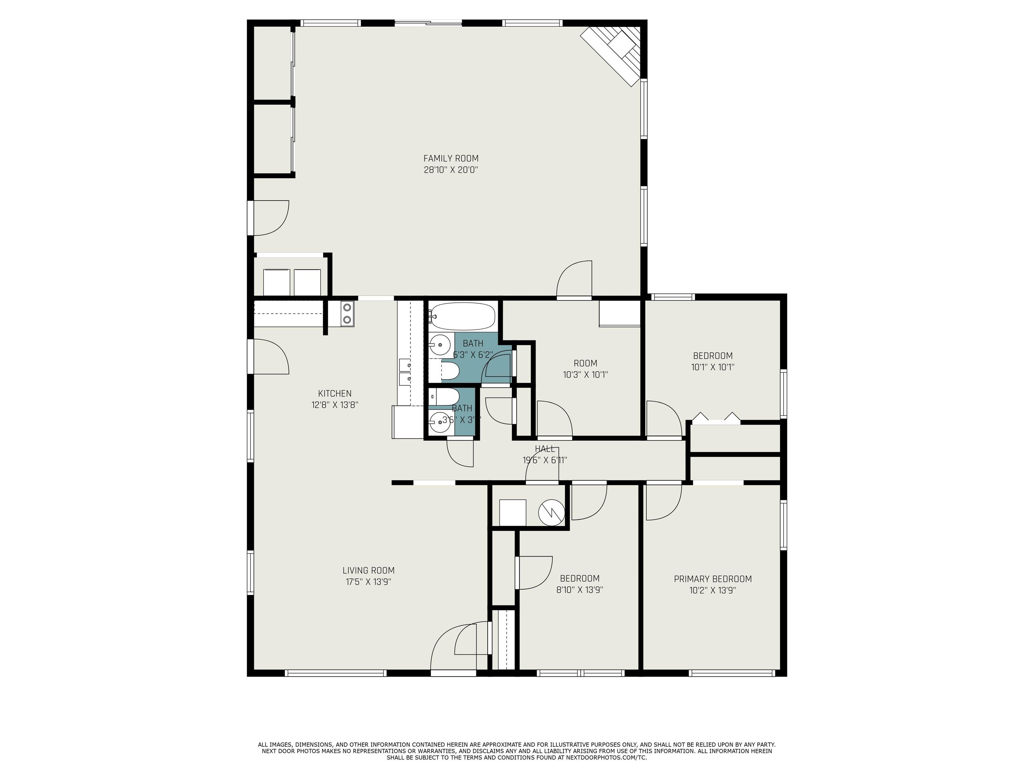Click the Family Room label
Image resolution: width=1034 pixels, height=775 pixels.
coord(451,158)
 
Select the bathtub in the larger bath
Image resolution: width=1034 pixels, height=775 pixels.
coord(462,316)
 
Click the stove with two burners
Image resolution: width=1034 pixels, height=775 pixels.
coord(347,313)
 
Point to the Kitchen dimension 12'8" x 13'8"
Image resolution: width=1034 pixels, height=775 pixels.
coord(335,405)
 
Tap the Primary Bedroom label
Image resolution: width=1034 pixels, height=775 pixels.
coord(713,579)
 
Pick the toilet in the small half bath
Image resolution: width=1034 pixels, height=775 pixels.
coord(445,397)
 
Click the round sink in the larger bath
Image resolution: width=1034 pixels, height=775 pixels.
coord(439,345)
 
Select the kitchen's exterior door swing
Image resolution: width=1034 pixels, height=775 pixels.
coord(270,357)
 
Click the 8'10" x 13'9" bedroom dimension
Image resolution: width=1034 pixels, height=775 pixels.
coord(579,590)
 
